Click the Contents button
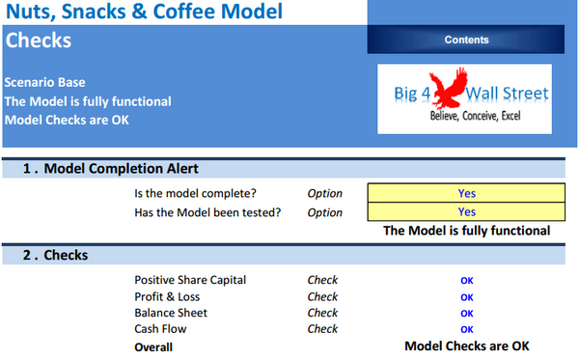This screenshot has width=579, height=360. (x=466, y=40)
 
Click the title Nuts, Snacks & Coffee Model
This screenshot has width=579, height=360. (x=146, y=13)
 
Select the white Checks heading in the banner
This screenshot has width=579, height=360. (x=39, y=42)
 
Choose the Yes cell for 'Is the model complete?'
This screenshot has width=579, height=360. (x=467, y=193)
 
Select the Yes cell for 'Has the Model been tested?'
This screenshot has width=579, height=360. (x=467, y=212)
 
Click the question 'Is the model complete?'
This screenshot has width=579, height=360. (x=195, y=193)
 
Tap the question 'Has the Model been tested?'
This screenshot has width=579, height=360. (x=207, y=212)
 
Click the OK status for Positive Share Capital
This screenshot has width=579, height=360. (x=467, y=281)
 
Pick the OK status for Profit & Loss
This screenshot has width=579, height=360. (x=467, y=297)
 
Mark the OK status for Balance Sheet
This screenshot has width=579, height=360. (x=467, y=314)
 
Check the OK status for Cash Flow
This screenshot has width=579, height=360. (x=467, y=329)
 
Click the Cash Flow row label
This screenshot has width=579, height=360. (x=160, y=329)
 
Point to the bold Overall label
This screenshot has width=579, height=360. (x=153, y=346)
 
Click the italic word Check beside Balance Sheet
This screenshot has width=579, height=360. (x=322, y=313)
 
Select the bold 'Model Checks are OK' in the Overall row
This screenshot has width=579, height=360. (x=467, y=346)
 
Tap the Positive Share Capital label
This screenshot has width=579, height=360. (x=190, y=280)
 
